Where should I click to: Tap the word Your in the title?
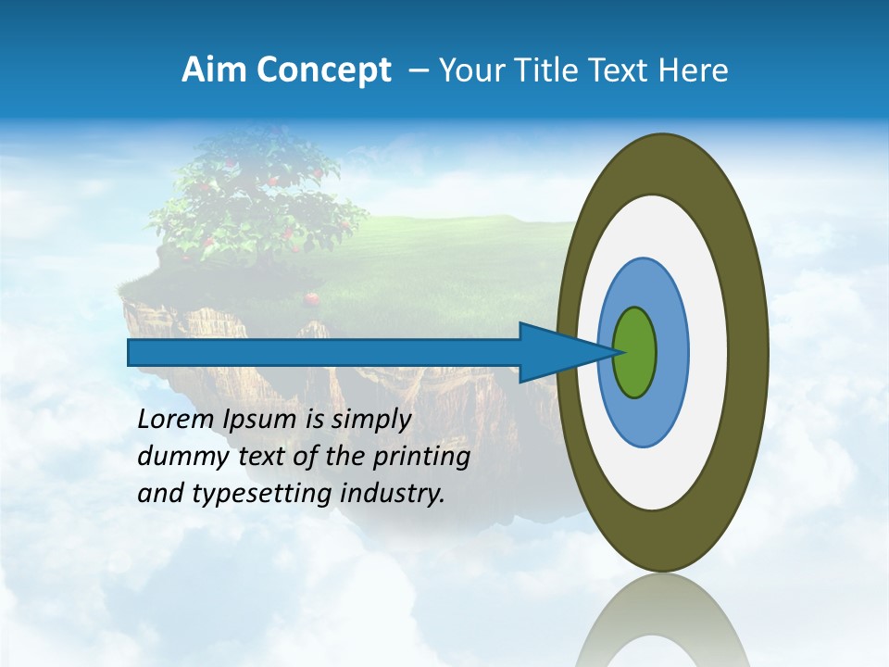[x=472, y=70]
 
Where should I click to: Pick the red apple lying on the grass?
[x=313, y=298]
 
